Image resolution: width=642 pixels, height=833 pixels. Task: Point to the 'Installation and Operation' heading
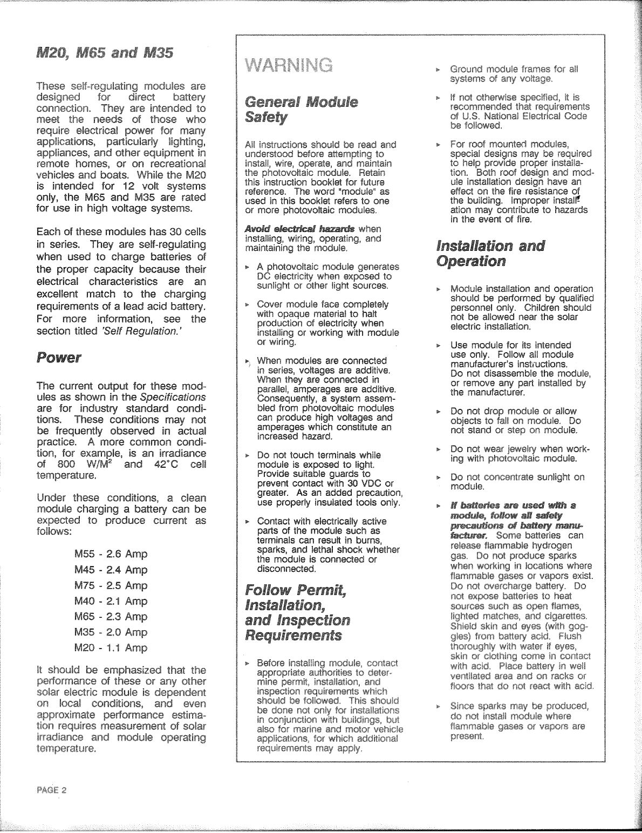coord(490,254)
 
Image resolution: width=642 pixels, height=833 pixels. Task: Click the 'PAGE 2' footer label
coord(52,790)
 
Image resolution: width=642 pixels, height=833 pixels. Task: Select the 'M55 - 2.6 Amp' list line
coord(111,554)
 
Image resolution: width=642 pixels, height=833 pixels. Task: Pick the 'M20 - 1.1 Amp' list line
coord(111,647)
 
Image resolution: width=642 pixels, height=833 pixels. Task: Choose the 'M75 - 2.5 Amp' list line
coord(111,585)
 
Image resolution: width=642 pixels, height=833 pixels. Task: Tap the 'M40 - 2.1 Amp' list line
coord(111,601)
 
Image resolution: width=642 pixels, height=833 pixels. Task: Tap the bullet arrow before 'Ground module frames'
coord(439,70)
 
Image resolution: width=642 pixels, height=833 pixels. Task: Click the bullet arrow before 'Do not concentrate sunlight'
coord(439,477)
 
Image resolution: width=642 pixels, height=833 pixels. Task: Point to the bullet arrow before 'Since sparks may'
coord(439,706)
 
